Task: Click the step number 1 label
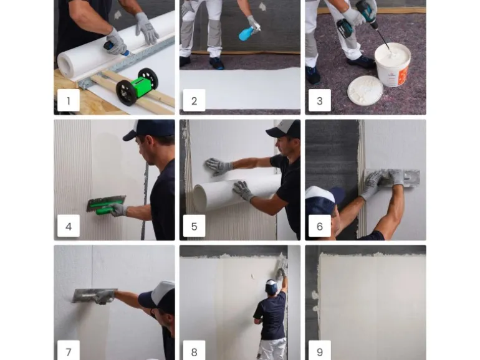pos(69,100)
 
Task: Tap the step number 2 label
pos(194,100)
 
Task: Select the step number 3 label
pos(320,100)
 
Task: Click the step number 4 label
pos(69,226)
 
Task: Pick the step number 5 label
pos(194,226)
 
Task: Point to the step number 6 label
pos(320,226)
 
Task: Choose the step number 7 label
pos(69,351)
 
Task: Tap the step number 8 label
pos(194,351)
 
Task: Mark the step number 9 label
pos(320,351)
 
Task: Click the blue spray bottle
pos(248,32)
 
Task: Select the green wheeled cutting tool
pos(137,87)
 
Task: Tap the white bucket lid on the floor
pos(365,91)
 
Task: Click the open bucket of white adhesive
pos(393,64)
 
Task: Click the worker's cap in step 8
pos(271,285)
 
